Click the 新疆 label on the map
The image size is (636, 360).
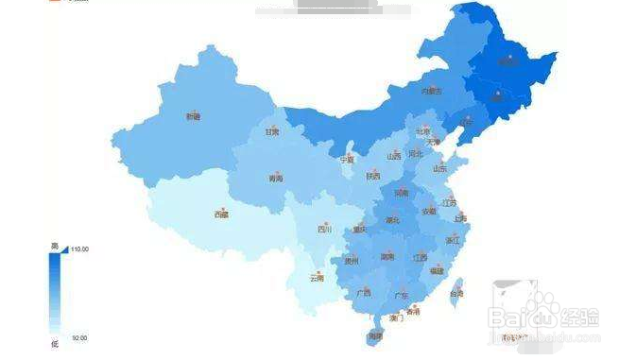tap(193, 117)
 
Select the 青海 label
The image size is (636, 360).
tap(275, 178)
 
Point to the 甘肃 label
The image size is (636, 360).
tap(272, 132)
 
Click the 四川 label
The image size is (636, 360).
tap(324, 229)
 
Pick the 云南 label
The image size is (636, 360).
tap(318, 278)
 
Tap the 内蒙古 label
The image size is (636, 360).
tap(431, 92)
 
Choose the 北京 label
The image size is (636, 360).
tap(423, 131)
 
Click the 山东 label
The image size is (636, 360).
tap(440, 168)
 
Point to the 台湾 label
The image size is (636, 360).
tap(456, 294)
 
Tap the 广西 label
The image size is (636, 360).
tap(364, 293)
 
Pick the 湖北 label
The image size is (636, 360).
tap(393, 220)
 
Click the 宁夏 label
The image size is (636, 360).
tap(348, 160)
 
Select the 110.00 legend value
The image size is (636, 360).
tap(79, 249)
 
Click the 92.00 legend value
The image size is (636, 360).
tap(78, 337)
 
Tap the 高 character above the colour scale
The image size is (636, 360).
tap(54, 246)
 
